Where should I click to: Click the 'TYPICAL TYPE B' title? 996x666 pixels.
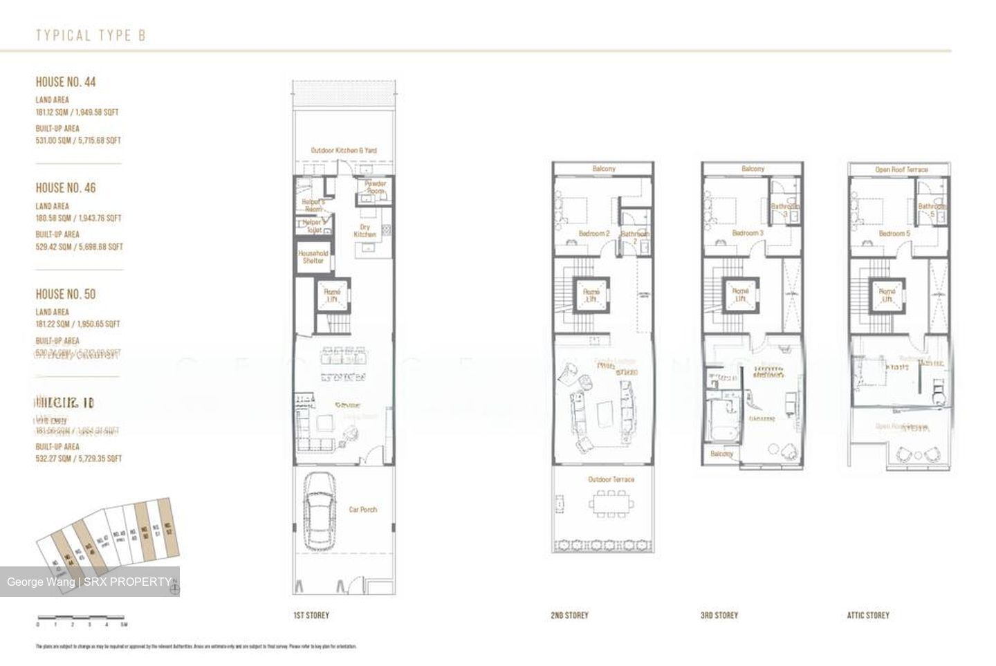pyautogui.click(x=91, y=35)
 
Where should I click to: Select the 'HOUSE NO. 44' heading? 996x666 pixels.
pyautogui.click(x=66, y=82)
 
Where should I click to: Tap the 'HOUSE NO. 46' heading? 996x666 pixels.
pyautogui.click(x=66, y=187)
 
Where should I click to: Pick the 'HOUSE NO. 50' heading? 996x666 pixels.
pyautogui.click(x=66, y=294)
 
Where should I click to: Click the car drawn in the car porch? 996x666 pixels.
pyautogui.click(x=319, y=510)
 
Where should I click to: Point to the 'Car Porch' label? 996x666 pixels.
pyautogui.click(x=363, y=510)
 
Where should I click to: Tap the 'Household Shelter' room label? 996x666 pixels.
pyautogui.click(x=313, y=257)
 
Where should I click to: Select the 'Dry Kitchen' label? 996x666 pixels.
pyautogui.click(x=365, y=230)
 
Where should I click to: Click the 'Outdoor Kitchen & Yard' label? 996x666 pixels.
pyautogui.click(x=344, y=150)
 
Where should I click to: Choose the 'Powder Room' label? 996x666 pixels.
pyautogui.click(x=375, y=187)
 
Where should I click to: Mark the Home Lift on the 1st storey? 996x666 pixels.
pyautogui.click(x=332, y=296)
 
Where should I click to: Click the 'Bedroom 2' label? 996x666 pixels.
pyautogui.click(x=593, y=234)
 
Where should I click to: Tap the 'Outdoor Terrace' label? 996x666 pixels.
pyautogui.click(x=611, y=479)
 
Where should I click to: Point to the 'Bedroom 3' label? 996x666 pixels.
pyautogui.click(x=747, y=234)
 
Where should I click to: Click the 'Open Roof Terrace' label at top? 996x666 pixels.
pyautogui.click(x=901, y=169)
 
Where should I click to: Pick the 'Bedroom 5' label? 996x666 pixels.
pyautogui.click(x=894, y=234)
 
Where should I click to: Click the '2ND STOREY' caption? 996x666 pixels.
pyautogui.click(x=569, y=615)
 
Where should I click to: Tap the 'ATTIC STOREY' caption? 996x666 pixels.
pyautogui.click(x=868, y=615)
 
